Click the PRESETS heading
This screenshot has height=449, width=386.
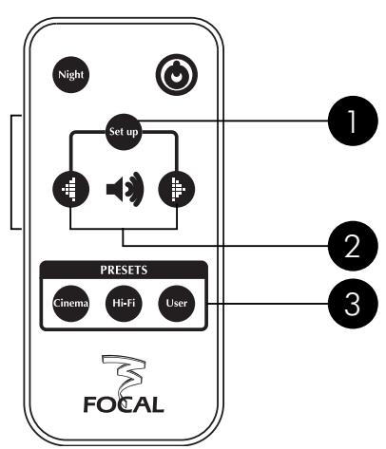(123, 270)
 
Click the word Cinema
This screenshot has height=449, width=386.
(70, 304)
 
